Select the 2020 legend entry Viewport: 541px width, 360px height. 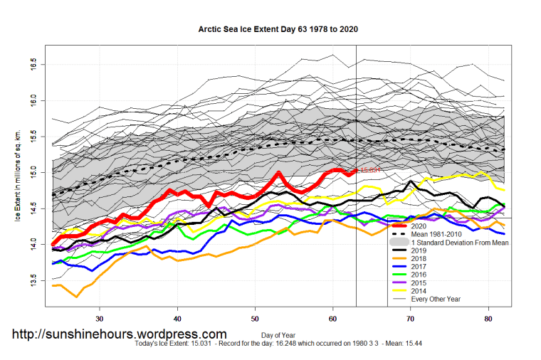(x=420, y=226)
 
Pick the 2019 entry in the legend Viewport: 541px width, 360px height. (x=420, y=250)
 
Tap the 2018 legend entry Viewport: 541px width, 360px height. (x=420, y=258)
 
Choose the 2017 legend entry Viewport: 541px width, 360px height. (x=420, y=267)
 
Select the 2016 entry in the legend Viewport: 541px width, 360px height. (x=420, y=275)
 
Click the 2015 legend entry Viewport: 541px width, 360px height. (x=420, y=283)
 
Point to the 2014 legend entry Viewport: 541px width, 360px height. (x=420, y=291)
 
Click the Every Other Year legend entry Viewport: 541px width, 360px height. (x=436, y=299)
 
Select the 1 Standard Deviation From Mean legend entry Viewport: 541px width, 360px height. (x=456, y=242)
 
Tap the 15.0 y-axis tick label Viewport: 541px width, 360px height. (x=34, y=173)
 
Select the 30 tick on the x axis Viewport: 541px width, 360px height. (x=100, y=318)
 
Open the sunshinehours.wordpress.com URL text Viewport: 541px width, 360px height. (x=120, y=334)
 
